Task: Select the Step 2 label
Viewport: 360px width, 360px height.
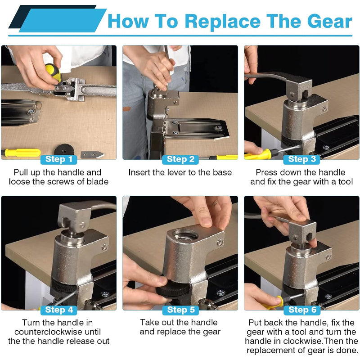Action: tap(180, 159)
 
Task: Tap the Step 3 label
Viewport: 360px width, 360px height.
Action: tap(301, 159)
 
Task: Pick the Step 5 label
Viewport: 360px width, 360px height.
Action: tap(180, 310)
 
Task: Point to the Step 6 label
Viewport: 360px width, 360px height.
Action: tap(301, 310)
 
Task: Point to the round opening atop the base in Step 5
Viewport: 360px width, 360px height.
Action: tap(186, 234)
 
